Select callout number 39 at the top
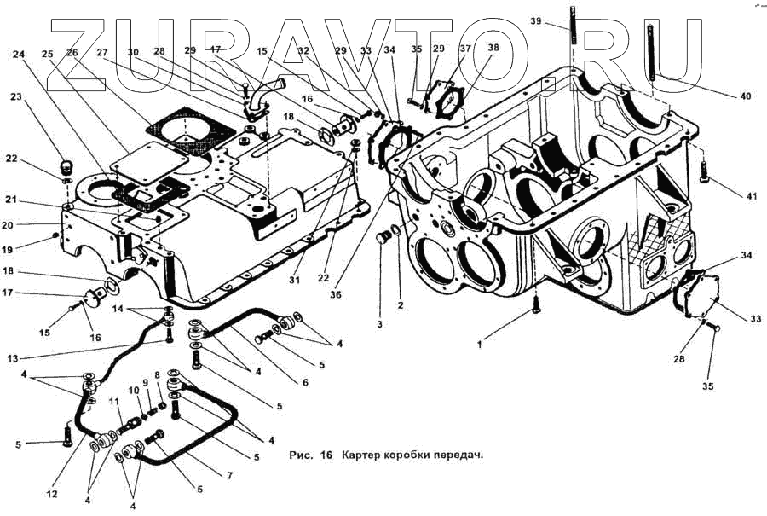coord(559,20)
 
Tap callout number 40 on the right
coord(745,96)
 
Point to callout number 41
coord(749,197)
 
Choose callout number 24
coord(19,54)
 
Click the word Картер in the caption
coord(361,455)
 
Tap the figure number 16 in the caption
coord(326,455)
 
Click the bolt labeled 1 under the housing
coord(535,304)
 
